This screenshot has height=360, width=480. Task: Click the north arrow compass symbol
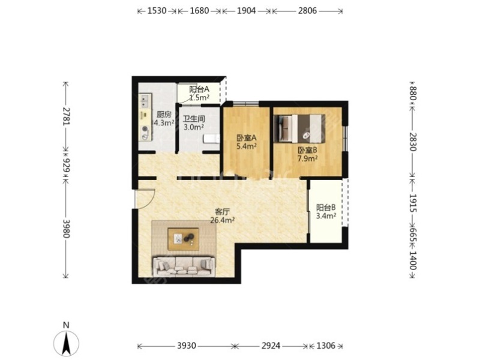click(x=66, y=343)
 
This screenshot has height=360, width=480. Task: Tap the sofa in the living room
click(x=184, y=266)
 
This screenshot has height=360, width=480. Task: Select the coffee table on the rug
click(x=184, y=239)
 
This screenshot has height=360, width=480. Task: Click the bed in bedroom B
click(x=299, y=128)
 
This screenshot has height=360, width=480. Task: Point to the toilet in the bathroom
click(x=212, y=139)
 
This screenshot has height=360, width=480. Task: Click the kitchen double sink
click(x=145, y=101)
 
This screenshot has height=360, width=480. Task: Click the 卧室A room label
click(x=247, y=138)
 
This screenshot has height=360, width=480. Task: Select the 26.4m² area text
click(x=223, y=220)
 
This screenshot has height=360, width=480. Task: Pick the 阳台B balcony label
click(x=326, y=208)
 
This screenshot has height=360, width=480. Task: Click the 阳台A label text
click(x=199, y=89)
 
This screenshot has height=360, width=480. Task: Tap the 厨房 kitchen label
click(x=164, y=115)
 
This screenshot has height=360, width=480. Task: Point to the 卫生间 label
click(x=194, y=119)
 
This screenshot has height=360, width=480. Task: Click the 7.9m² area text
click(x=307, y=158)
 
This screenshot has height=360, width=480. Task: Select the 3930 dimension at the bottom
click(x=187, y=346)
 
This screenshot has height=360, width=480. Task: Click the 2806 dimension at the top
click(x=307, y=11)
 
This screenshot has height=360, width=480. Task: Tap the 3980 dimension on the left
click(x=67, y=229)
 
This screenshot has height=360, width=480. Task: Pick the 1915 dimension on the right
click(x=413, y=203)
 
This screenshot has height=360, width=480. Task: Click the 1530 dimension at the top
click(x=157, y=11)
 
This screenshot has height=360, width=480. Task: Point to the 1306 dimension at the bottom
click(x=326, y=346)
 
